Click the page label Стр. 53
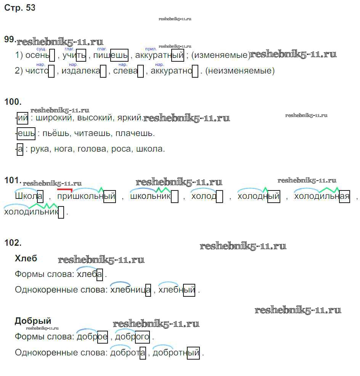[x=20, y=8]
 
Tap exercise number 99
[x=10, y=40]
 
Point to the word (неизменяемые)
[x=240, y=71]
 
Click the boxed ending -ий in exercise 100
[x=23, y=118]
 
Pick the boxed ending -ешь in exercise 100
[x=26, y=134]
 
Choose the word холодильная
[x=321, y=197]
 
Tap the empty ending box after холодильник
[x=61, y=212]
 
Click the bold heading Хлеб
[x=26, y=259]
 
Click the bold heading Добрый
[x=33, y=321]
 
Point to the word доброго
[x=132, y=337]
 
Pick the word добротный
[x=176, y=353]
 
